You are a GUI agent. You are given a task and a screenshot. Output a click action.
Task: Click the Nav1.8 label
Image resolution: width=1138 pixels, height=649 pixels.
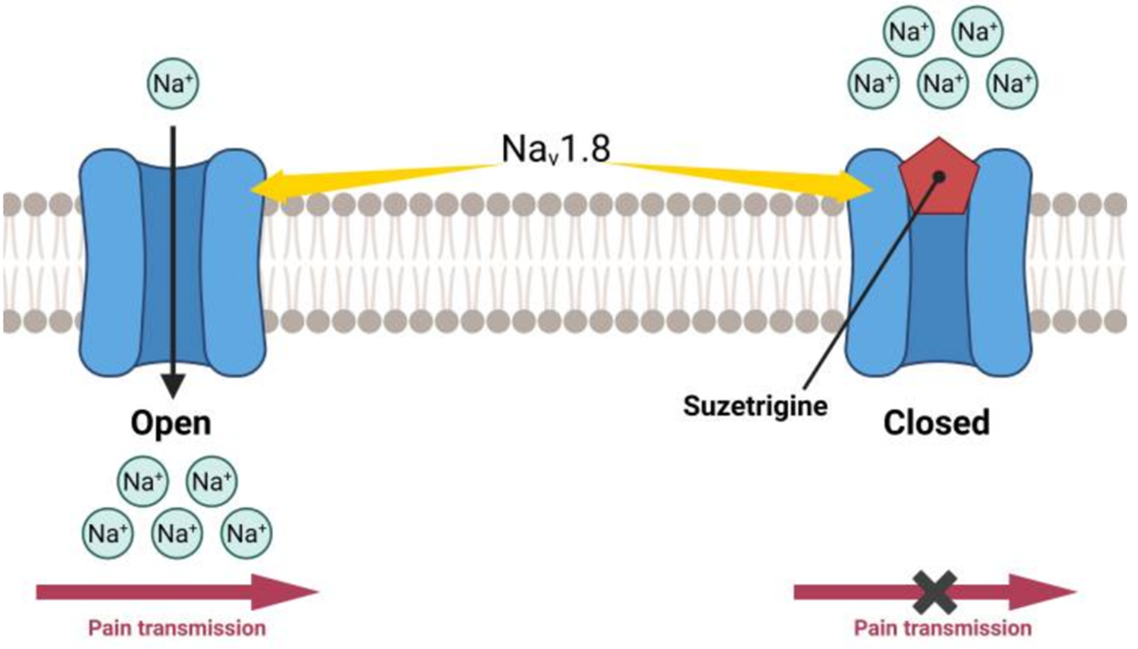556,149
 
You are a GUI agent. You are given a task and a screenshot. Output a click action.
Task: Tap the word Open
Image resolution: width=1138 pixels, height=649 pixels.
171,423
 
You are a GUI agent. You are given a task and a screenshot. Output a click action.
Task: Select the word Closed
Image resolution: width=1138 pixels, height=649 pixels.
936,423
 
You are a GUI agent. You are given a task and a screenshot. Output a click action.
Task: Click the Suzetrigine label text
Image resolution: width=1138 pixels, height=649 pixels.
755,406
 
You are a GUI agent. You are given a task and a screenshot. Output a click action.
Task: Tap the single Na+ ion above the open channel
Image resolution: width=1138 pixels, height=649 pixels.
173,83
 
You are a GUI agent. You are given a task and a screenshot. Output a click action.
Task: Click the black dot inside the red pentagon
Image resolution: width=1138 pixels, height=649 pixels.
939,177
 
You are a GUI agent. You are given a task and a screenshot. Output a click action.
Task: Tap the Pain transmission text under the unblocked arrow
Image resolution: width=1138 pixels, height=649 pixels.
177,628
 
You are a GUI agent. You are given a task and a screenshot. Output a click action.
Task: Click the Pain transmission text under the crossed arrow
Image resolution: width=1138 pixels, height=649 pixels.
942,628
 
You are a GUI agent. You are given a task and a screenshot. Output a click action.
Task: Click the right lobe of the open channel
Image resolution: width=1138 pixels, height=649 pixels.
236,261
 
